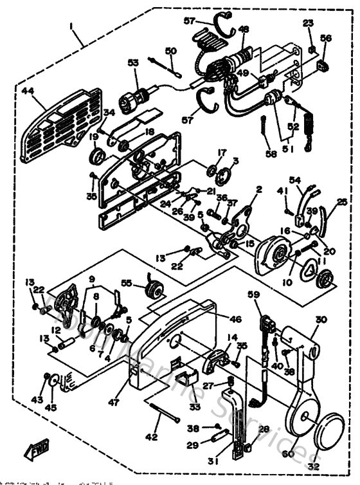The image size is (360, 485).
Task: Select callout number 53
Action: pos(132,62)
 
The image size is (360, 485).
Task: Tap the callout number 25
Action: pos(341,202)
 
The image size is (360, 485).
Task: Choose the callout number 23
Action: pos(308,23)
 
